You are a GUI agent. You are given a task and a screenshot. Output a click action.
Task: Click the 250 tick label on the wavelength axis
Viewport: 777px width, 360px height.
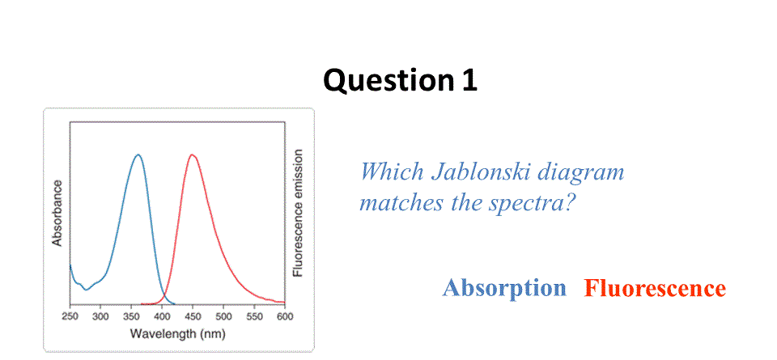pyautogui.click(x=70, y=316)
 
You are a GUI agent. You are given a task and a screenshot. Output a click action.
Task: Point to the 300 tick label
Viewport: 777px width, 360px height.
pyautogui.click(x=100, y=316)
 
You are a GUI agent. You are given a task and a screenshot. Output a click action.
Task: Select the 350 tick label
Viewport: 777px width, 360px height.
pyautogui.click(x=131, y=316)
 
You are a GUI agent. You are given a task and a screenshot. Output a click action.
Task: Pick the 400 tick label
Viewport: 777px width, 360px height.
pyautogui.click(x=162, y=316)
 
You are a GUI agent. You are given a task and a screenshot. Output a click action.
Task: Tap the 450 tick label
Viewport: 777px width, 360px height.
pyautogui.click(x=193, y=316)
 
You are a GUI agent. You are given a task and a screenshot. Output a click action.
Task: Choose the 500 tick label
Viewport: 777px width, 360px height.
pyautogui.click(x=223, y=316)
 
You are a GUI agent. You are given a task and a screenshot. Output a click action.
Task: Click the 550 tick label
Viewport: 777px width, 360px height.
pyautogui.click(x=254, y=316)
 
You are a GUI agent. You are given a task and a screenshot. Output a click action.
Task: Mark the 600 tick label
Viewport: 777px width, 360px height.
pyautogui.click(x=285, y=316)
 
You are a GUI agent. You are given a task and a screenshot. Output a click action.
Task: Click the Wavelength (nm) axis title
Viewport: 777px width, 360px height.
pyautogui.click(x=177, y=334)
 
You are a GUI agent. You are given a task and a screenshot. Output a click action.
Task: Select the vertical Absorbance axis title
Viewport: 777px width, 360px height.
pyautogui.click(x=57, y=213)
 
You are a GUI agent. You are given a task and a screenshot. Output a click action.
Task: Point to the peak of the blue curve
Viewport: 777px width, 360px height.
pyautogui.click(x=138, y=155)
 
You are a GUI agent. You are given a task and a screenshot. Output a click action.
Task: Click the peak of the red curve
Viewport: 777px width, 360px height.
pyautogui.click(x=193, y=155)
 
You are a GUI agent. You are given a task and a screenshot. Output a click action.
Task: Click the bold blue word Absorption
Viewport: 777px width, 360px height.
pyautogui.click(x=504, y=288)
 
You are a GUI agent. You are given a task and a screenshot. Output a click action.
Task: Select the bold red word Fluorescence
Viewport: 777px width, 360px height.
pyautogui.click(x=655, y=288)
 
